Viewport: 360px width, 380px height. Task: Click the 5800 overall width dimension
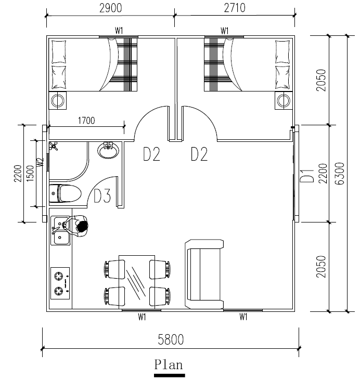[171, 339]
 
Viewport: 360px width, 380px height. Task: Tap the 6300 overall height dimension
[340, 174]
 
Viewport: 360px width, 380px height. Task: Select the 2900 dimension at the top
[111, 8]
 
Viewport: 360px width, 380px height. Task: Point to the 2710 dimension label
[235, 8]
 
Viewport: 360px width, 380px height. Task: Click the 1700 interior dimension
[86, 121]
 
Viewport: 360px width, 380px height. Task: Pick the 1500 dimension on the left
[30, 173]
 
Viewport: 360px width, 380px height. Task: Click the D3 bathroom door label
[102, 196]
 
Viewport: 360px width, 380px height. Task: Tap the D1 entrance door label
[307, 176]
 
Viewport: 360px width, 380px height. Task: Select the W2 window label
[41, 162]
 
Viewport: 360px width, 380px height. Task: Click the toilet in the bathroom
[65, 193]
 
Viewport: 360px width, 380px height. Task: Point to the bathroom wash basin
[108, 150]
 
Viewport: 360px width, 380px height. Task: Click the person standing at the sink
[76, 226]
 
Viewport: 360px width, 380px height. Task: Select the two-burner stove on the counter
[60, 283]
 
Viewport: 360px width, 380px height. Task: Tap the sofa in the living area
[204, 274]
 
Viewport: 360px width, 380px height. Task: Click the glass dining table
[137, 282]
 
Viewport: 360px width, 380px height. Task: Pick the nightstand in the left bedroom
[58, 100]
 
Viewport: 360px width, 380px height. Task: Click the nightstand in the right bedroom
[284, 100]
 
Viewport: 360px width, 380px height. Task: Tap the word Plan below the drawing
[169, 365]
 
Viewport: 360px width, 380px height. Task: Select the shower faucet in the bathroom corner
[53, 146]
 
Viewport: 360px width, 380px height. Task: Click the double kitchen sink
[61, 231]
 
